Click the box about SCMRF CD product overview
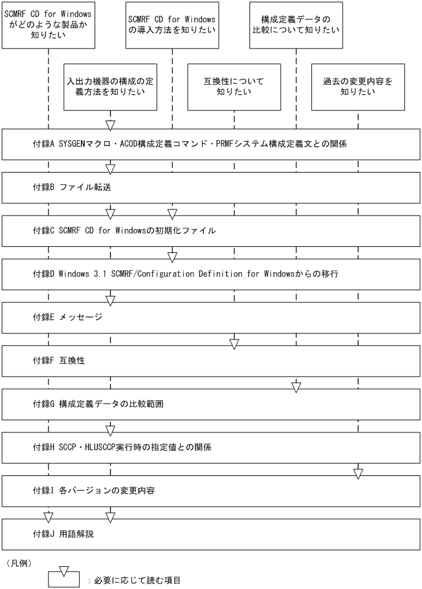48,25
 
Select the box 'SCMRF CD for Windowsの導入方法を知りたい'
172,25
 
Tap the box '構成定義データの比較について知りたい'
296,25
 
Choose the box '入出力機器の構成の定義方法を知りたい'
111,87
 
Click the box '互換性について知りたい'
234,87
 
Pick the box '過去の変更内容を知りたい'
358,87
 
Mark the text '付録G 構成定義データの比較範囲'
98,404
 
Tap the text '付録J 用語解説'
63,534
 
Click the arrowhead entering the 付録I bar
358,474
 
